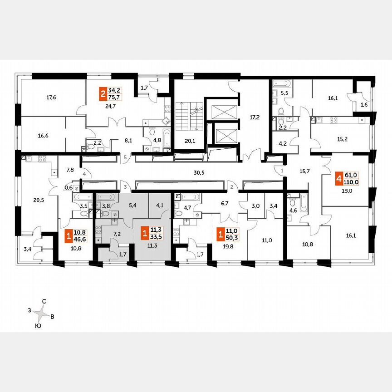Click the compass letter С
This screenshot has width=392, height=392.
tap(44, 301)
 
